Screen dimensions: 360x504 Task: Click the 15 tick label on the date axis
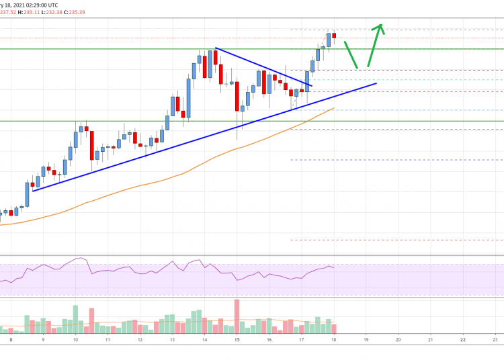coord(237,340)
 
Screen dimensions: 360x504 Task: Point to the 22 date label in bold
coord(462,340)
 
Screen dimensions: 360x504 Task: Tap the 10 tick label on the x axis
coord(75,340)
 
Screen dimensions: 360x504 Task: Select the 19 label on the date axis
coord(366,340)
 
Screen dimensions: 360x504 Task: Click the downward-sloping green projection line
coord(350,54)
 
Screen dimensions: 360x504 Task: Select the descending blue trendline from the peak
coord(262,67)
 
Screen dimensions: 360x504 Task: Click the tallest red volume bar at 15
coord(237,316)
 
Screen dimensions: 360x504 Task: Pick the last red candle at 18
coord(334,36)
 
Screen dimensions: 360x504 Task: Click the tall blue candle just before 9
coord(28,195)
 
